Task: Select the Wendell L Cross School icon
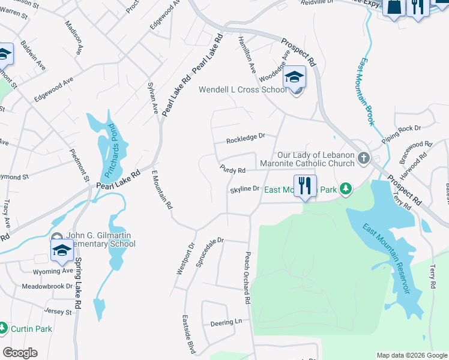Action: point(295,78)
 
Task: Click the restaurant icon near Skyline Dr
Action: point(306,187)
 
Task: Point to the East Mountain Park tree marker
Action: point(345,190)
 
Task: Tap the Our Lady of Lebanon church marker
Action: point(363,158)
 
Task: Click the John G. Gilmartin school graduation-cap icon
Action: point(62,251)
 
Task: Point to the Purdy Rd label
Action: point(233,170)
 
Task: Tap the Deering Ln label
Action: point(226,323)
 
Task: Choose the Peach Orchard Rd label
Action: point(247,277)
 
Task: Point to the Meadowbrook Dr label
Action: point(47,286)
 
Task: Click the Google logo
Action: point(20,353)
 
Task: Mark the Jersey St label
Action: point(58,311)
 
